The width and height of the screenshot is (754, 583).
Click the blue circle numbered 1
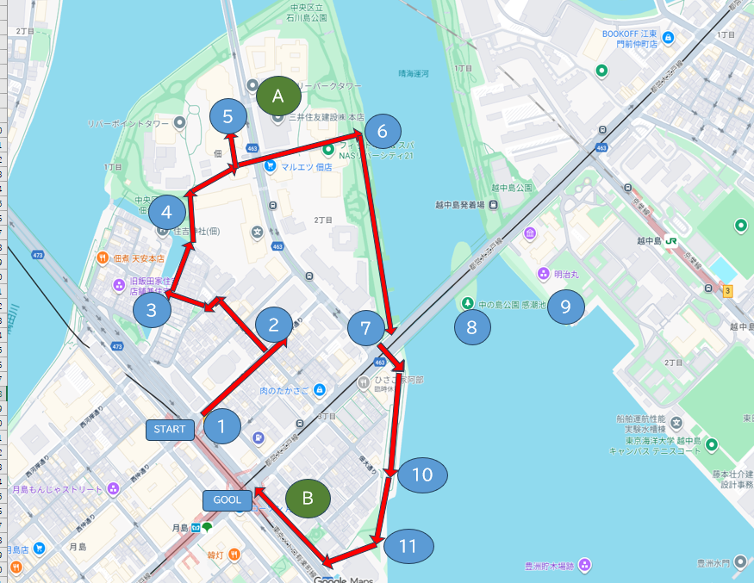[x=222, y=425]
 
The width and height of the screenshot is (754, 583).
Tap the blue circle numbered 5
[x=227, y=115]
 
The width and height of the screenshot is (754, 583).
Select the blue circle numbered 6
[x=382, y=132]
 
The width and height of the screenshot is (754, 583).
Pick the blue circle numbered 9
[x=566, y=306]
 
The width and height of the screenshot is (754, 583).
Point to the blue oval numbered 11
[x=408, y=546]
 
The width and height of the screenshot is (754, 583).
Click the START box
[x=170, y=430]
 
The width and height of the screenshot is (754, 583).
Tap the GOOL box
[x=227, y=499]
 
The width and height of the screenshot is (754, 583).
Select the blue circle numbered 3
[x=152, y=310]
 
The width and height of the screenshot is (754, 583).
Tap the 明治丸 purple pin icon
[x=544, y=274]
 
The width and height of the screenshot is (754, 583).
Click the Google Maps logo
[x=343, y=580]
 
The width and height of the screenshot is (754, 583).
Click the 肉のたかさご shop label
[x=284, y=391]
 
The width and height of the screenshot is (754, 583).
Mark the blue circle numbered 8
[x=471, y=326]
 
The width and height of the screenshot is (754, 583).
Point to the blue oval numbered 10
[x=421, y=474]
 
